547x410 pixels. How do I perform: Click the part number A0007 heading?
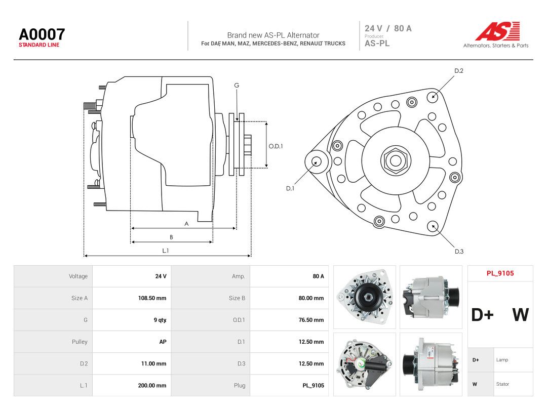click(42, 34)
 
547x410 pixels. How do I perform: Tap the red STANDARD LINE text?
click(39, 45)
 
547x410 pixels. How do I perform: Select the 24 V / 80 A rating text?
click(388, 28)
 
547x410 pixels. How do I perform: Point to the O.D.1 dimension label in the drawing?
click(276, 146)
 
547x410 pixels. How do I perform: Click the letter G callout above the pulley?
click(237, 86)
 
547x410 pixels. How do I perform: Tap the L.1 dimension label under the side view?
click(165, 251)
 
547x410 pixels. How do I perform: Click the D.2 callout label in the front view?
click(459, 71)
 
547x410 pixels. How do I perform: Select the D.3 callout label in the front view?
click(459, 252)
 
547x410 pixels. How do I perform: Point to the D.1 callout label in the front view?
click(290, 188)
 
